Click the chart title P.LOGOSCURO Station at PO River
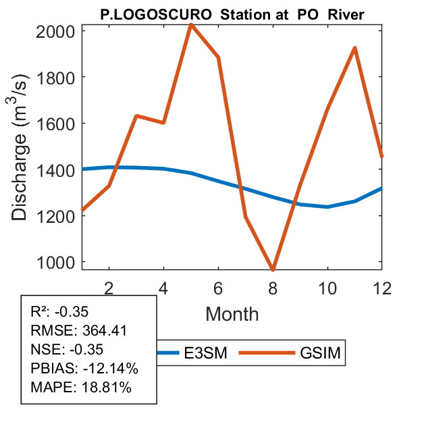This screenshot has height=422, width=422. pyautogui.click(x=232, y=14)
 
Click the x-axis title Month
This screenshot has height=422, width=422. pyautogui.click(x=232, y=313)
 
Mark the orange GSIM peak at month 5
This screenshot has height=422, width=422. pyautogui.click(x=191, y=25)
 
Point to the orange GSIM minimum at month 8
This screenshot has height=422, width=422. pyautogui.click(x=273, y=269)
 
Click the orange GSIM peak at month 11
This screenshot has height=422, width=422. pyautogui.click(x=354, y=48)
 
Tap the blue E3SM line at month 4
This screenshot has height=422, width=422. pyautogui.click(x=163, y=169)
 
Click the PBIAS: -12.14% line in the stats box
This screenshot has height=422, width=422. pyautogui.click(x=84, y=369)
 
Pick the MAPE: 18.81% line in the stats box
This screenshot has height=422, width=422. pyautogui.click(x=81, y=388)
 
